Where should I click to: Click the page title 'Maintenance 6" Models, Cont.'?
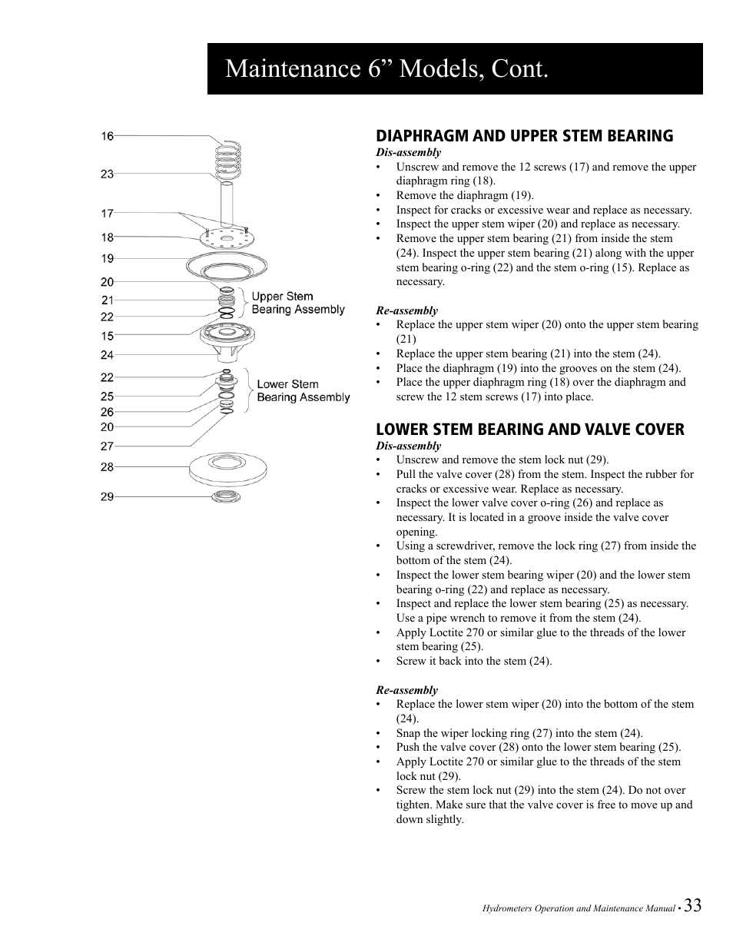(387, 69)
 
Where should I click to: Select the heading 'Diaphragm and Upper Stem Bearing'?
(524, 136)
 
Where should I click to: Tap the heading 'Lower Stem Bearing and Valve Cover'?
(529, 430)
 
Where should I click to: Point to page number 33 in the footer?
(692, 905)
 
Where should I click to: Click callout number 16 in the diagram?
(107, 136)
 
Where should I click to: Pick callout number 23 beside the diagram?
(107, 174)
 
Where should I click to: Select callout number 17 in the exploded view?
(107, 214)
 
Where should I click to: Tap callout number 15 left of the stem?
(107, 336)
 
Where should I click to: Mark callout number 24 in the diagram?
(107, 355)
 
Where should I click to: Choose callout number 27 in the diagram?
(107, 446)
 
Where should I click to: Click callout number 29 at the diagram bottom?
(107, 496)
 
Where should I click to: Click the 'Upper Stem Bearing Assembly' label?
(298, 303)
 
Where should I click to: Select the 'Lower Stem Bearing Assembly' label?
(303, 390)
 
